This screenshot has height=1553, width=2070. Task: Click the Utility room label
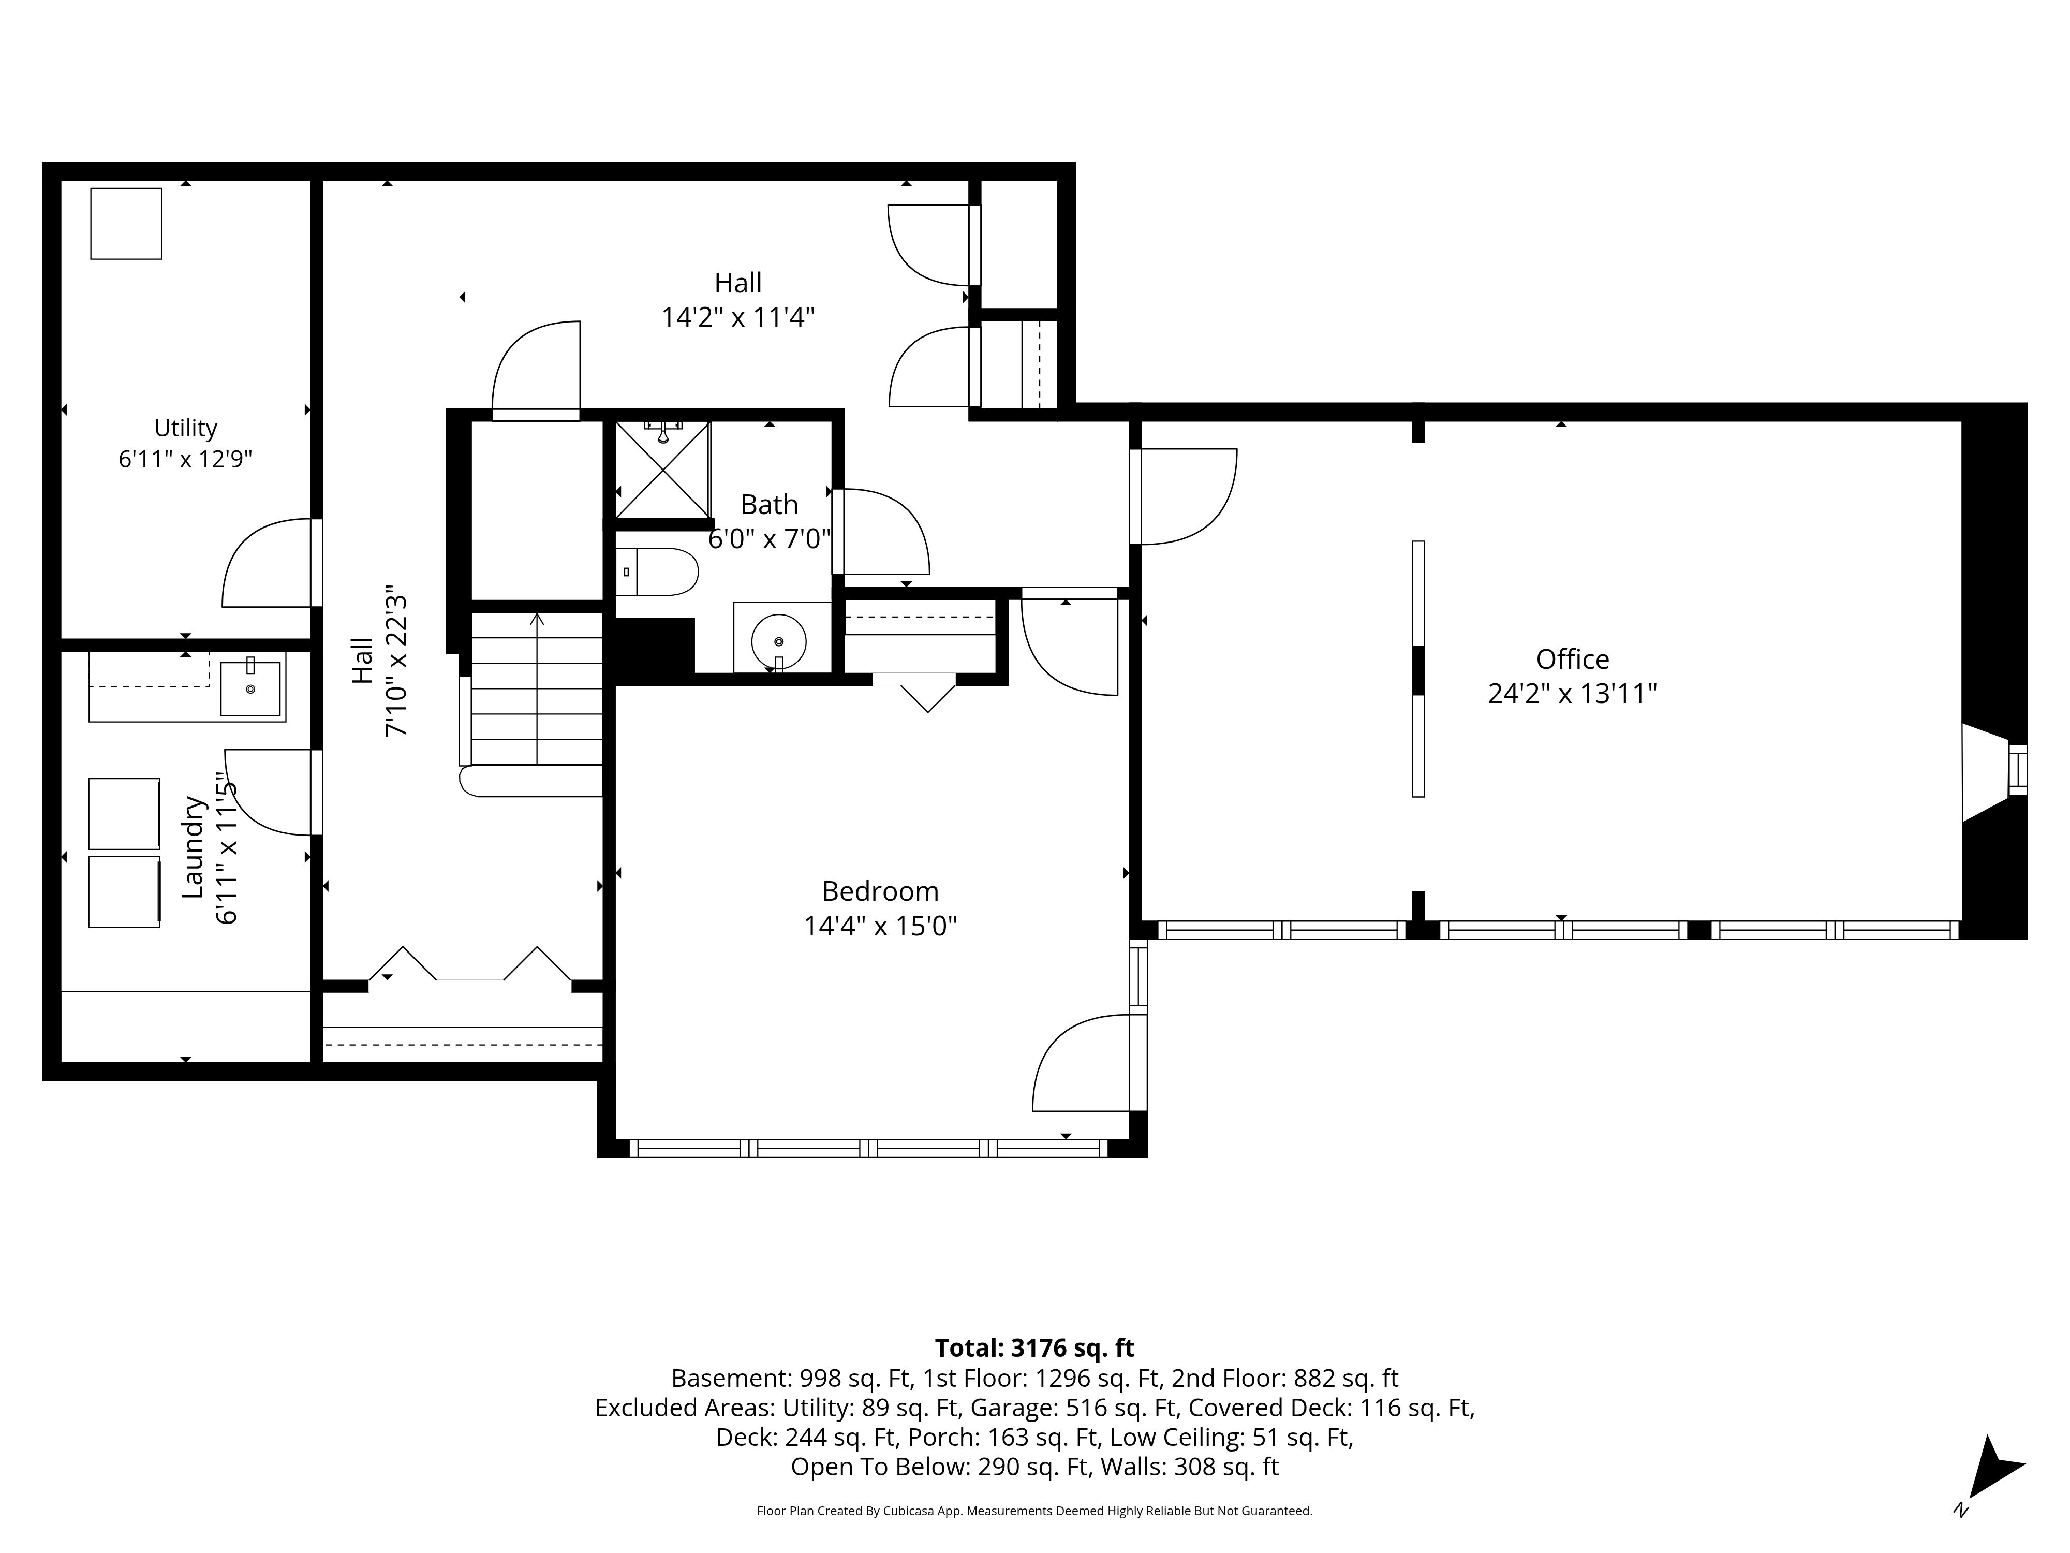pyautogui.click(x=185, y=428)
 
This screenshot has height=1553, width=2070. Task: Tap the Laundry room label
pyautogui.click(x=193, y=847)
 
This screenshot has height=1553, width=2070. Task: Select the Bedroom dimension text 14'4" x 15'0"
pyautogui.click(x=880, y=926)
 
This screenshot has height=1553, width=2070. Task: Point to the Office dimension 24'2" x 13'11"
pyautogui.click(x=1572, y=694)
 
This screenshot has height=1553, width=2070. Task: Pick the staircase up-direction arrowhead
pyautogui.click(x=536, y=620)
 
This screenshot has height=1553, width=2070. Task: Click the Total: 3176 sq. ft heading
pyautogui.click(x=1034, y=1348)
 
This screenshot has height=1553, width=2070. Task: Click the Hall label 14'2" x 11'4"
pyautogui.click(x=738, y=300)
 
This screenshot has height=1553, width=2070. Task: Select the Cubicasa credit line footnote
pyautogui.click(x=1034, y=1510)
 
